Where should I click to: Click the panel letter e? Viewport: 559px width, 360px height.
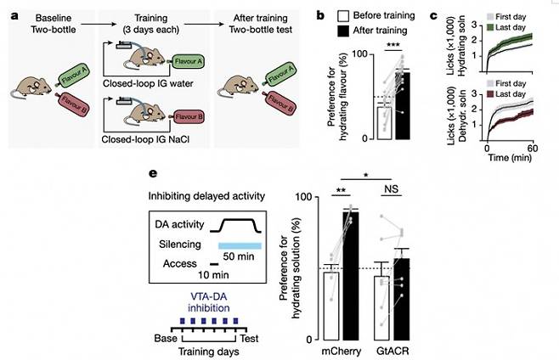tap(152, 174)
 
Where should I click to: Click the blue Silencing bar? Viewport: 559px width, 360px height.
tap(234, 245)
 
